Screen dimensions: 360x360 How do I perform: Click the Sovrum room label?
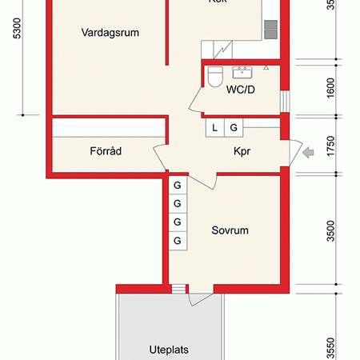(230, 230)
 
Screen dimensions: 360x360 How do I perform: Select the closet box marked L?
(215, 127)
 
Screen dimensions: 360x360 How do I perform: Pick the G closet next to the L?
(234, 127)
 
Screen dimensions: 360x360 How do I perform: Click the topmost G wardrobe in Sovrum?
(177, 186)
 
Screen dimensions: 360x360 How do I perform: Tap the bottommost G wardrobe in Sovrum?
(177, 240)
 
